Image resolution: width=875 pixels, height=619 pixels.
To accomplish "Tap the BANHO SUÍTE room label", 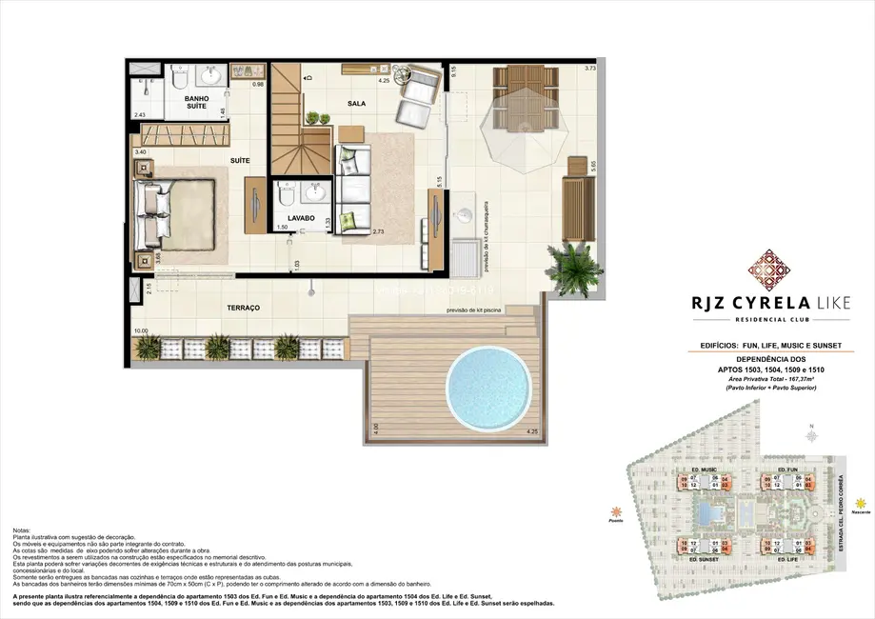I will (x=197, y=103).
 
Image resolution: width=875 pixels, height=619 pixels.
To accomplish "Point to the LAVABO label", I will (x=302, y=218).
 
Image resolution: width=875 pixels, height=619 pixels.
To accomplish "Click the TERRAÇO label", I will (x=244, y=309).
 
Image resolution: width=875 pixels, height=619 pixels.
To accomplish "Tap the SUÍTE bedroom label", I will (x=239, y=161).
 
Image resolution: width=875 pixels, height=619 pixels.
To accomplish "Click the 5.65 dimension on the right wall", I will (x=593, y=166).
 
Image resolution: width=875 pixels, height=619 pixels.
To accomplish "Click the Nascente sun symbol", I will (x=861, y=503).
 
